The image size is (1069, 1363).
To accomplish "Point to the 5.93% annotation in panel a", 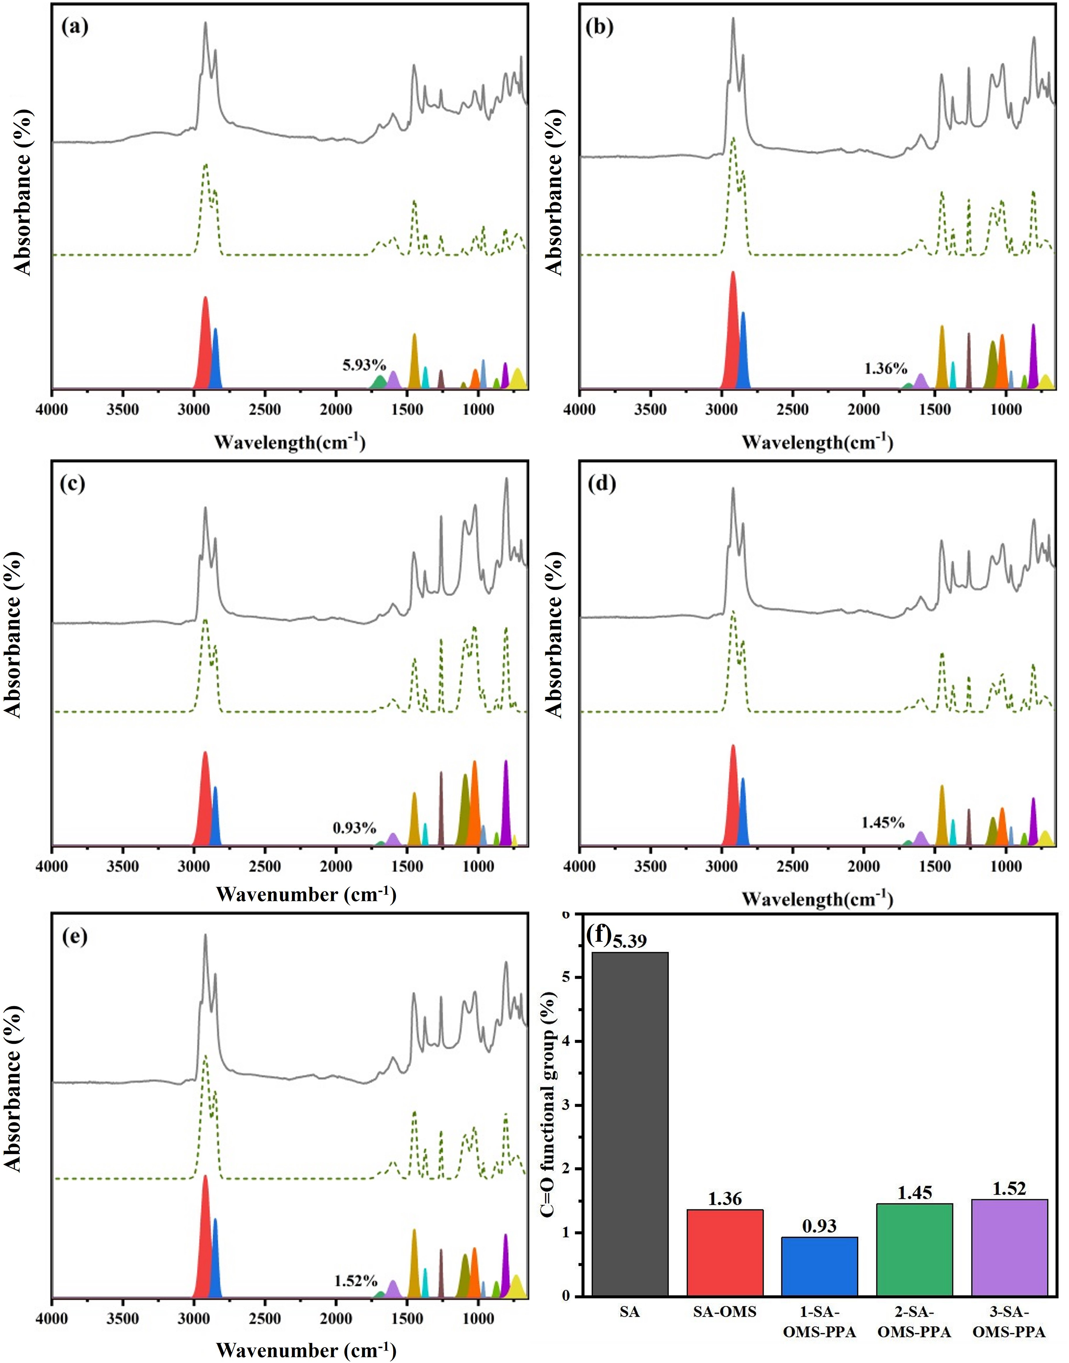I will coord(364,365).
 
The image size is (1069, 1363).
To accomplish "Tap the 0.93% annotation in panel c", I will coord(354,828).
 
